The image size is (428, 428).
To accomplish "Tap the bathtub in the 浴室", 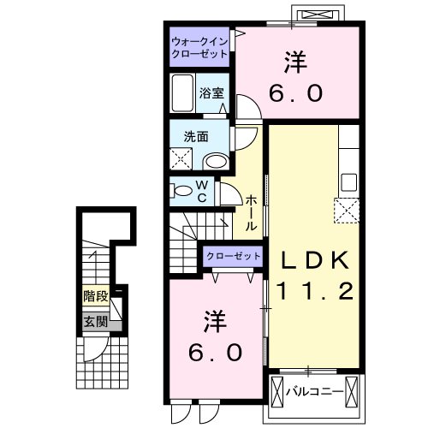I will [x=183, y=90].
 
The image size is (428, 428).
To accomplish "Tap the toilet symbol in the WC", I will [x=182, y=190].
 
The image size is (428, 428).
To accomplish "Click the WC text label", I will [x=202, y=191].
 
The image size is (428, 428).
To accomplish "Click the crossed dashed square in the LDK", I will [x=347, y=209].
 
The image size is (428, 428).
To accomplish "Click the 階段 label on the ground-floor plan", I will [x=95, y=297].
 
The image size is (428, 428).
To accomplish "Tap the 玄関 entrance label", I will [x=95, y=322].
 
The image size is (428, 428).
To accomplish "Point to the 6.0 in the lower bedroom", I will [x=214, y=351].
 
